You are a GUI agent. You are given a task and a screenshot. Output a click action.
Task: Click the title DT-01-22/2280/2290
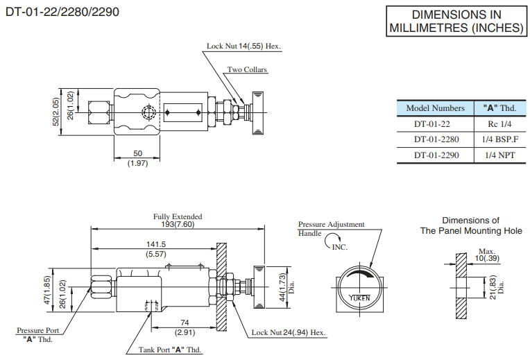pyautogui.click(x=60, y=13)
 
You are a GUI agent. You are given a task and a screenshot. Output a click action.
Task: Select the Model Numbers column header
pyautogui.click(x=435, y=108)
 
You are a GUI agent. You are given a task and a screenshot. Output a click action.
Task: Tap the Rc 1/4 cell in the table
pyautogui.click(x=498, y=124)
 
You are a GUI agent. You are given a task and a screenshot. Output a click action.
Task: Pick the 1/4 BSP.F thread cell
pyautogui.click(x=498, y=139)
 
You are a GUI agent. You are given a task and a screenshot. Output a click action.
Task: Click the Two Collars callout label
pyautogui.click(x=247, y=70)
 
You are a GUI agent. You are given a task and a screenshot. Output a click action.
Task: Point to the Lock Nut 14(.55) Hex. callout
pyautogui.click(x=243, y=46)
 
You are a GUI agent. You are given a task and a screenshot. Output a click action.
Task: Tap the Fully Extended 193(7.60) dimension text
pyautogui.click(x=178, y=221)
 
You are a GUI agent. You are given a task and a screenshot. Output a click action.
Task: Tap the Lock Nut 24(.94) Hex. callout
pyautogui.click(x=289, y=333)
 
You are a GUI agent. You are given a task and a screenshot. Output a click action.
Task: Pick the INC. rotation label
pyautogui.click(x=339, y=246)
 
